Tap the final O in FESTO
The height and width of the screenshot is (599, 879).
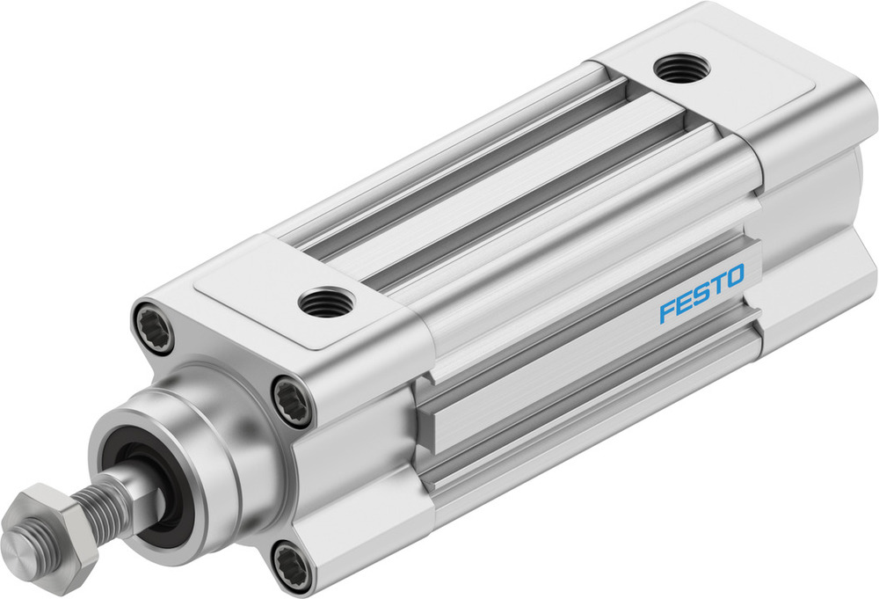click(735, 275)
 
